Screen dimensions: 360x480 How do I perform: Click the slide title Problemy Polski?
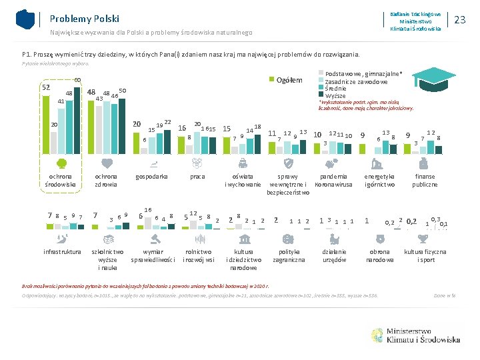(84, 19)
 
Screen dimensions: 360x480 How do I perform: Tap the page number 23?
(459, 20)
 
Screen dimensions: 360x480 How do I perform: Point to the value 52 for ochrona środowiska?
(45, 87)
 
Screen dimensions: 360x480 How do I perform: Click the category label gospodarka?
(151, 177)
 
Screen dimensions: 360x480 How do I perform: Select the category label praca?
(197, 177)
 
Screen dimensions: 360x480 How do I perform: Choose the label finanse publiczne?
(425, 180)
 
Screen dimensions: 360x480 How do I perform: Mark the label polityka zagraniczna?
(289, 256)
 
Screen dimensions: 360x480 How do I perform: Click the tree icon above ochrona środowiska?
(61, 163)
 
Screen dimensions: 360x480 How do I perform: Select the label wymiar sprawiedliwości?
(153, 256)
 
